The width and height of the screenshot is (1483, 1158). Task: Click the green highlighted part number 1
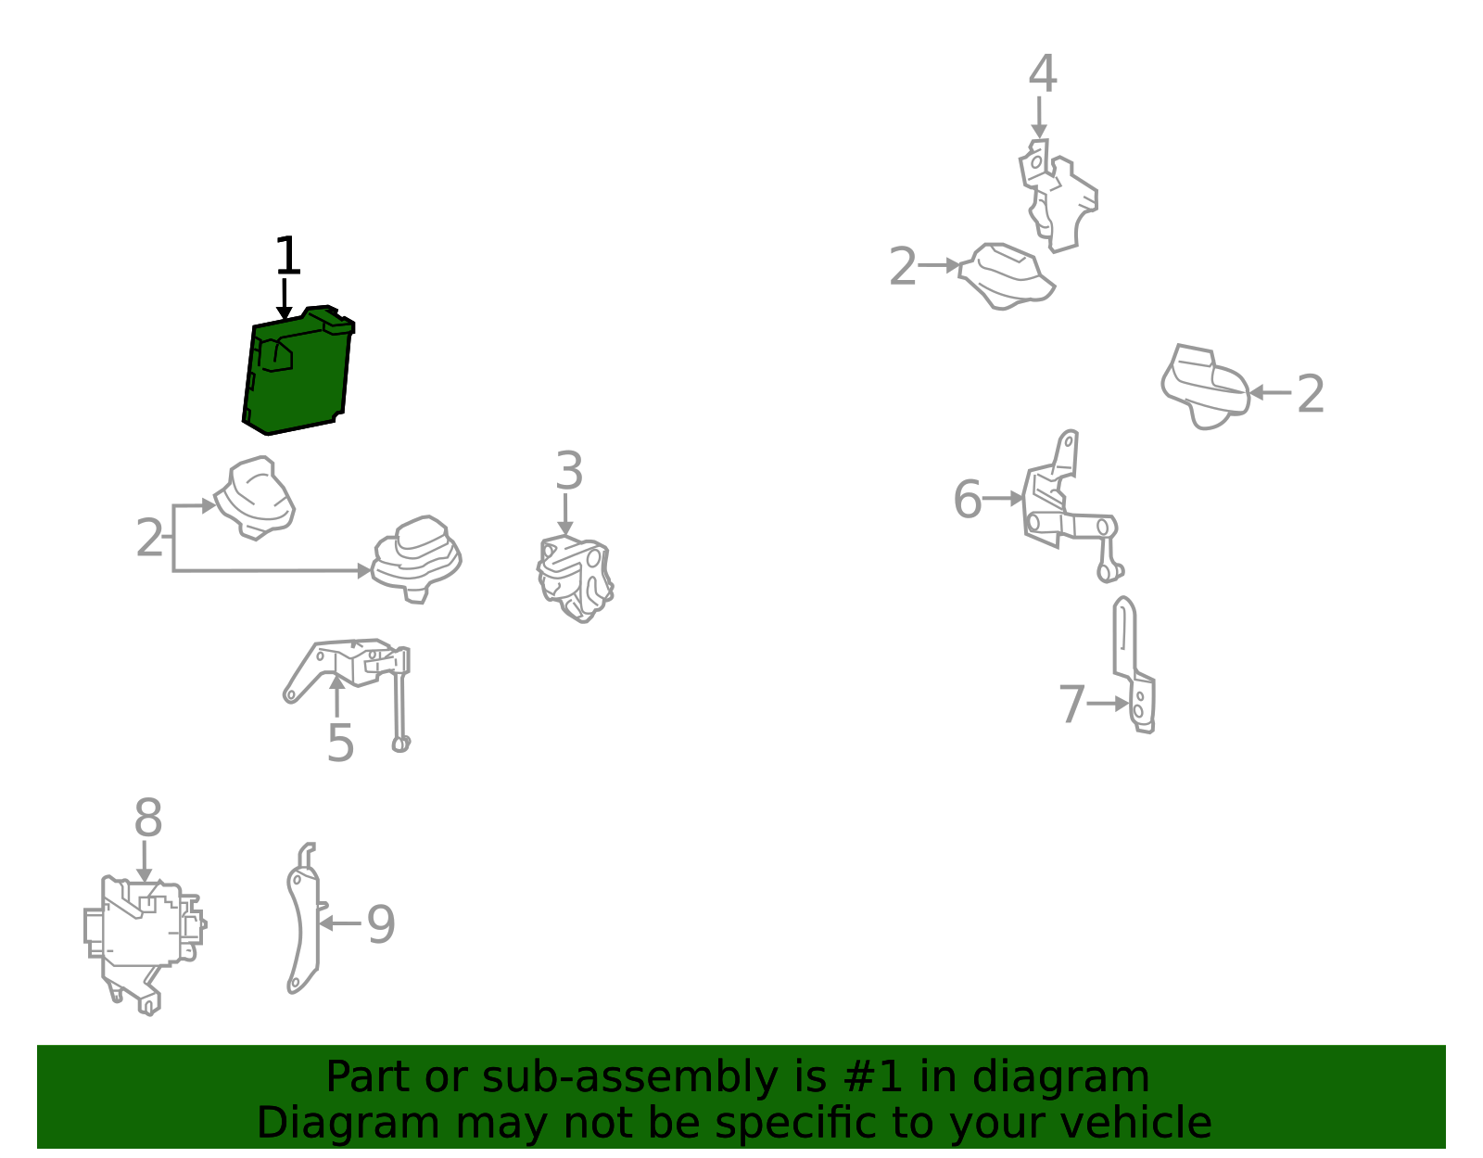coord(298,372)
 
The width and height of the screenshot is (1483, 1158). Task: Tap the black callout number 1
coord(287,255)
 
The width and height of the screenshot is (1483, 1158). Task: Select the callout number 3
coord(568,470)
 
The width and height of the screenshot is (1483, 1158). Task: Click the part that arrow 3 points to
coord(575,579)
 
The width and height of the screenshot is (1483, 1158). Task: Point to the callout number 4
coord(1042,73)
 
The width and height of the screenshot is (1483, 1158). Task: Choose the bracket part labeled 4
coord(1058,195)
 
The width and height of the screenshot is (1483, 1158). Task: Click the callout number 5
coord(340,744)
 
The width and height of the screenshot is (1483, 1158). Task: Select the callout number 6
coord(967,499)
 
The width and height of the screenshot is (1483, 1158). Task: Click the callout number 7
coord(1071,705)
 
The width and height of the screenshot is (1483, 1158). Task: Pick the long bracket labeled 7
coord(1134,665)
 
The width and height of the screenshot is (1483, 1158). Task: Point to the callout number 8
coord(148,818)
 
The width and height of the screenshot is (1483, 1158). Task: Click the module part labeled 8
coord(145,943)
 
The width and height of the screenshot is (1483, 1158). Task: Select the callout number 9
coord(381,924)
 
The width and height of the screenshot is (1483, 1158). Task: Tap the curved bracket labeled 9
coord(303,919)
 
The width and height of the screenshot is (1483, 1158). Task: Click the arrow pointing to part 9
coord(340,923)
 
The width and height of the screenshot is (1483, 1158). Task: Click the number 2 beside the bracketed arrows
coord(149,538)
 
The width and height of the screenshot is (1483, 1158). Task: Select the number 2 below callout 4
coord(902,267)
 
